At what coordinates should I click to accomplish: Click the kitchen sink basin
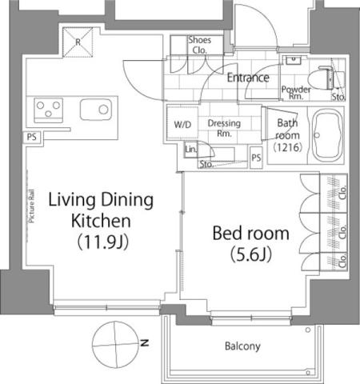96,110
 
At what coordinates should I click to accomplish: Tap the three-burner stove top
49,110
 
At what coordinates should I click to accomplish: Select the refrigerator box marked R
78,42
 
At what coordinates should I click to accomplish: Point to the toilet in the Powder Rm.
322,79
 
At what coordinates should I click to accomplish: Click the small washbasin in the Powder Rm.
294,60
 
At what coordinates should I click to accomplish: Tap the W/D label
182,125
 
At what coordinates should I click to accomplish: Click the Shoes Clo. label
200,45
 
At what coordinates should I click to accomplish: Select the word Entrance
248,78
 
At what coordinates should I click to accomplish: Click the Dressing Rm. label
224,128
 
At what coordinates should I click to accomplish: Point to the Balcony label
242,346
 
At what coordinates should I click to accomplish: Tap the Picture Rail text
32,206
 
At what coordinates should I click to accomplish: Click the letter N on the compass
145,342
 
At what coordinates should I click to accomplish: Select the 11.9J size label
103,242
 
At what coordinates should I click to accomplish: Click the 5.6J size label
251,254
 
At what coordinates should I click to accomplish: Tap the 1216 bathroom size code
288,147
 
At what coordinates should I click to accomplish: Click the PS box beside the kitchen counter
32,138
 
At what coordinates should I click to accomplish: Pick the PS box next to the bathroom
256,158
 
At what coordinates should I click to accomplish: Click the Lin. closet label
190,150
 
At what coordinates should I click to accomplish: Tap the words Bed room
251,234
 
